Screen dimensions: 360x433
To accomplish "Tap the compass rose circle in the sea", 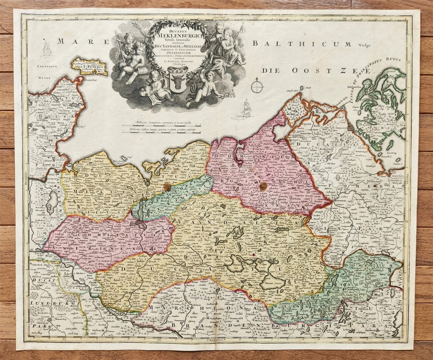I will click(x=257, y=85).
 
